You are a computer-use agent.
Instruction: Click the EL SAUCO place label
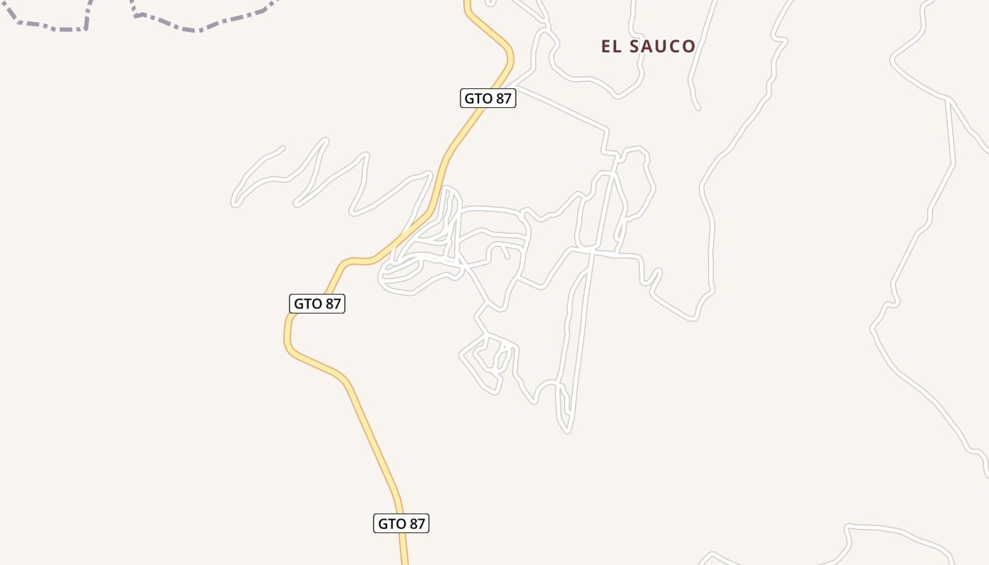tap(648, 47)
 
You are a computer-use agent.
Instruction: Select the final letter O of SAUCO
tap(688, 47)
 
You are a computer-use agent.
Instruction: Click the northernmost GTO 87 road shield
tap(487, 98)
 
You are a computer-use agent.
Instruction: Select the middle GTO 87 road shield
tap(317, 304)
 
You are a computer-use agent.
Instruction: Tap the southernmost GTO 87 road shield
tap(401, 523)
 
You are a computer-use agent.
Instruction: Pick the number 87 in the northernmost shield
tap(502, 98)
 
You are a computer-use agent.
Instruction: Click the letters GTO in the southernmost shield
tap(391, 523)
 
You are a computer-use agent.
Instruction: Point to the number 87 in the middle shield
tap(332, 304)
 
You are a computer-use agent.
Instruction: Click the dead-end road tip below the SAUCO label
tap(697, 107)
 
